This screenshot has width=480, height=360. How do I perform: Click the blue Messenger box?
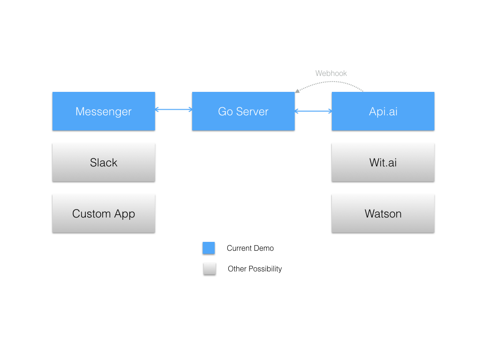tap(104, 111)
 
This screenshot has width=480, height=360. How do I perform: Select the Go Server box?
tap(243, 111)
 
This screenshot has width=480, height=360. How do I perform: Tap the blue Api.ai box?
tap(383, 111)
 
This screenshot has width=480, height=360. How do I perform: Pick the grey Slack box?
tap(104, 162)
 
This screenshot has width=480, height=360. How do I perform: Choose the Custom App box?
tap(104, 214)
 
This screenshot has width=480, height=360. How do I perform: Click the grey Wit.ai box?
tap(383, 162)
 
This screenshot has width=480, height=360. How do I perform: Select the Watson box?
tap(383, 214)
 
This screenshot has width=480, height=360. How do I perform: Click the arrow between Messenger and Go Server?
tap(173, 110)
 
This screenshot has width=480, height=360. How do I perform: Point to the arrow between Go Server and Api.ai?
tap(313, 111)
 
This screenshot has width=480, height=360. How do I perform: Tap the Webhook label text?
tap(331, 73)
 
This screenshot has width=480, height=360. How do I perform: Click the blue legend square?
tap(209, 248)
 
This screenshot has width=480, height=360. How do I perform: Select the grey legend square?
tap(210, 269)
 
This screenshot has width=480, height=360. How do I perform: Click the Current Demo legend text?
tap(250, 248)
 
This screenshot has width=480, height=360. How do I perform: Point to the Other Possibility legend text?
tap(255, 269)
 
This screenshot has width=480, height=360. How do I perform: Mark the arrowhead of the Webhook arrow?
tap(297, 90)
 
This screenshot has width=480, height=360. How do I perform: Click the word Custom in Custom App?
tap(91, 214)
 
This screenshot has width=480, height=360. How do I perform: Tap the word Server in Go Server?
tap(252, 111)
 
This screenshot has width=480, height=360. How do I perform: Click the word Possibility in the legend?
tap(265, 269)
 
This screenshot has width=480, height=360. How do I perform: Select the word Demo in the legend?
tap(264, 248)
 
